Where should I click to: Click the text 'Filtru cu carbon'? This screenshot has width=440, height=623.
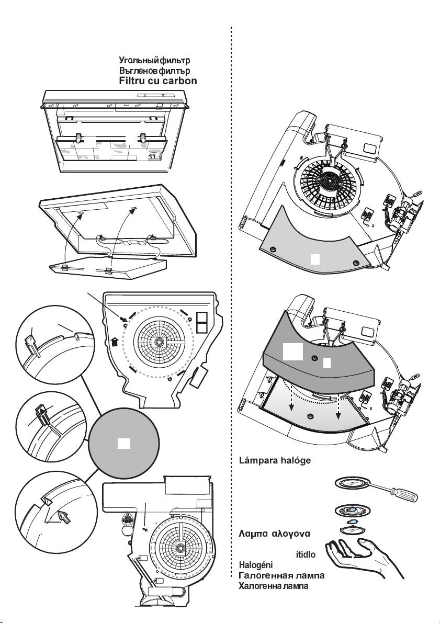click(x=158, y=81)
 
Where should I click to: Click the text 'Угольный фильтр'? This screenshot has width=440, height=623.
click(x=154, y=60)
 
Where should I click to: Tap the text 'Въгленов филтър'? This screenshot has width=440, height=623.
click(x=154, y=71)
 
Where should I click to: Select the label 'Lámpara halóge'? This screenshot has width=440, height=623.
click(x=275, y=460)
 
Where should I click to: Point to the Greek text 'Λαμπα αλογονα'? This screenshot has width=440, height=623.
click(x=274, y=534)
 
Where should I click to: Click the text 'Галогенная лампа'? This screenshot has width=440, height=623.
click(x=281, y=575)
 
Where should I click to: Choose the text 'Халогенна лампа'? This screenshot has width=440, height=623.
click(x=274, y=586)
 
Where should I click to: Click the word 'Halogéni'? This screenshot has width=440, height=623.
click(x=255, y=565)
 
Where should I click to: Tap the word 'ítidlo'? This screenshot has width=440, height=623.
click(x=306, y=554)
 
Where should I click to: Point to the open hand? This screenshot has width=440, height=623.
click(x=362, y=556)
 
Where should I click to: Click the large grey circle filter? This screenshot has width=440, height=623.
click(x=123, y=443)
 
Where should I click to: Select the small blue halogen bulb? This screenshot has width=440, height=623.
click(x=352, y=522)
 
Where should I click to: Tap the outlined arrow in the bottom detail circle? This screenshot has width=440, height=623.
click(x=63, y=517)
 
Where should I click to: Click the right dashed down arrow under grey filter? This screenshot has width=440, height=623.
click(x=339, y=407)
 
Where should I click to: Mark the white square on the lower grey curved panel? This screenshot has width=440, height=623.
click(x=315, y=259)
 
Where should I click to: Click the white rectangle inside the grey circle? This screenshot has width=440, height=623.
click(x=123, y=444)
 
